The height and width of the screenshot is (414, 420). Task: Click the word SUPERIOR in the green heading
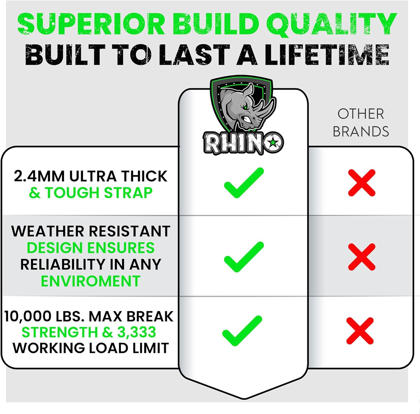pos(92,24)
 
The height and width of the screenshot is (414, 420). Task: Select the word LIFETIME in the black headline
pos(327,55)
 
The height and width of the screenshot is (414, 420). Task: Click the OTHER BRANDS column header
pos(361,123)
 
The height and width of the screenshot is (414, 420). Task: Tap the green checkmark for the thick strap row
pos(244,183)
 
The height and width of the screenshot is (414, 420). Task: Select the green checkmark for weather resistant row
pos(244,257)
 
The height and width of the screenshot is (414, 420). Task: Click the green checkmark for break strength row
pos(242,331)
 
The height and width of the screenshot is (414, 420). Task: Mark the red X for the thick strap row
pos(362,183)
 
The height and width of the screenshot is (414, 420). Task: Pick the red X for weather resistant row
pos(362,257)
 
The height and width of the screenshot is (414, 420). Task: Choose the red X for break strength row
pos(360,331)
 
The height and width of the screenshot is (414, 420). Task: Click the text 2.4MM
pos(39,176)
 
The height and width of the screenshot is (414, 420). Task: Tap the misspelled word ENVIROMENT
pos(90,281)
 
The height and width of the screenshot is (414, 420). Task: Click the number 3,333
pos(136,333)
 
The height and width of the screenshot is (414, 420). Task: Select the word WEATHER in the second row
pos(48,231)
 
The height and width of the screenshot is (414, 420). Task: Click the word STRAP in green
pos(128,193)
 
